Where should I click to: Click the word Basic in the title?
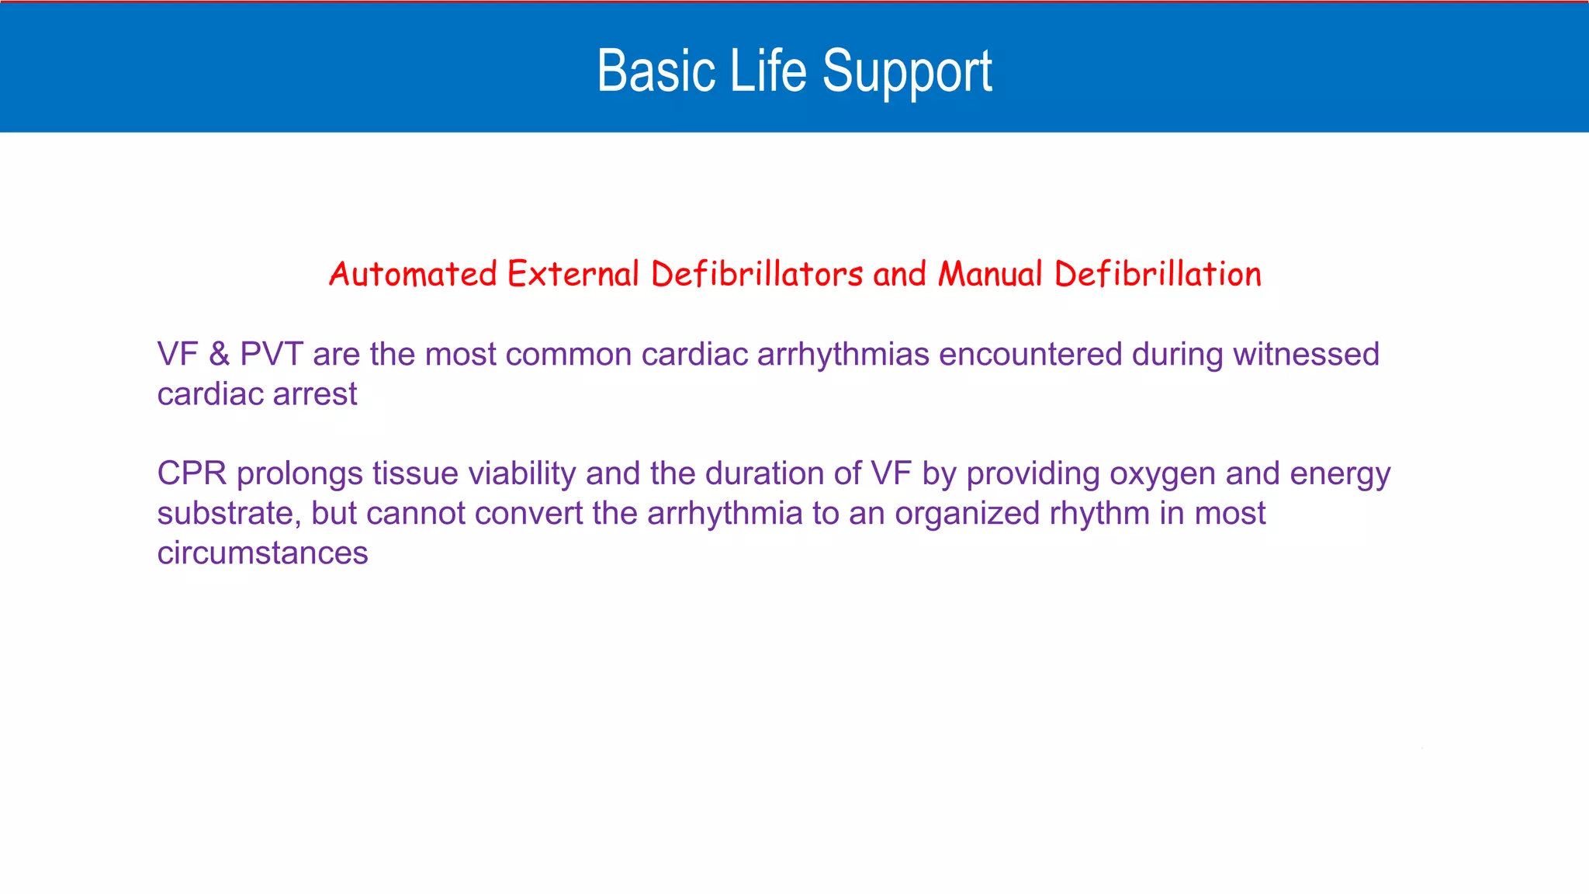[x=656, y=71]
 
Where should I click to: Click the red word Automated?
[x=413, y=274]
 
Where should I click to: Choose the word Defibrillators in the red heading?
[x=756, y=274]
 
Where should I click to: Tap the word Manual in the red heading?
[x=990, y=274]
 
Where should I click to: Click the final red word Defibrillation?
[x=1158, y=274]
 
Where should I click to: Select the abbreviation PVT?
[x=271, y=355]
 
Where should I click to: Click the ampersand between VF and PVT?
[x=220, y=355]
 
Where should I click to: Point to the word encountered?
[x=1030, y=355]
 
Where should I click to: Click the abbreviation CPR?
[x=192, y=473]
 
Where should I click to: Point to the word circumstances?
[x=262, y=553]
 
